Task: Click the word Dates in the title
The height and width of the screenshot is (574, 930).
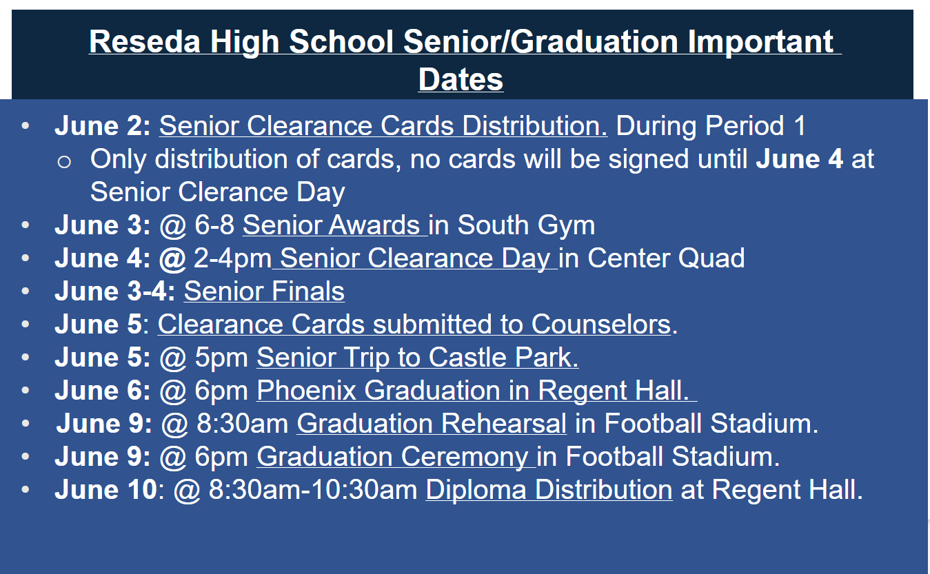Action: tap(461, 79)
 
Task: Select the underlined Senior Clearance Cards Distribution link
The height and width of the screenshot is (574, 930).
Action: tap(383, 126)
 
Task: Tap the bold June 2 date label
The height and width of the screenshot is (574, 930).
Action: tap(102, 126)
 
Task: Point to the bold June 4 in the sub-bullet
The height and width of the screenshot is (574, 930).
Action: tap(799, 159)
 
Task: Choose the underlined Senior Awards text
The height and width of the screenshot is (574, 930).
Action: tap(334, 225)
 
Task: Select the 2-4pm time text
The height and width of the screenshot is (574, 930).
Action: tap(232, 258)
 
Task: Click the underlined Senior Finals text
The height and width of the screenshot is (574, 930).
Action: tap(264, 291)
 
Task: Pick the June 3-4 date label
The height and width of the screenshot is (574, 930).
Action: tap(114, 291)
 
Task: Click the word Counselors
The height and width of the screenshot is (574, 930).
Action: tap(600, 325)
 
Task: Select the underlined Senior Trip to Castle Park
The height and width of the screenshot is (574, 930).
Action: tap(417, 358)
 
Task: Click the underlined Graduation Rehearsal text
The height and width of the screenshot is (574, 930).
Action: tap(432, 424)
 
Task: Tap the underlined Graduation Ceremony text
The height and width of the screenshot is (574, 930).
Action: tap(394, 457)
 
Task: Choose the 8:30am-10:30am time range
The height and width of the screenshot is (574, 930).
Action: tap(313, 490)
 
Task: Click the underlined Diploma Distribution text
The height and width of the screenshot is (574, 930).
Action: tap(549, 490)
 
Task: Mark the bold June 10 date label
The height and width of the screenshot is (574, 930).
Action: tap(105, 490)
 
